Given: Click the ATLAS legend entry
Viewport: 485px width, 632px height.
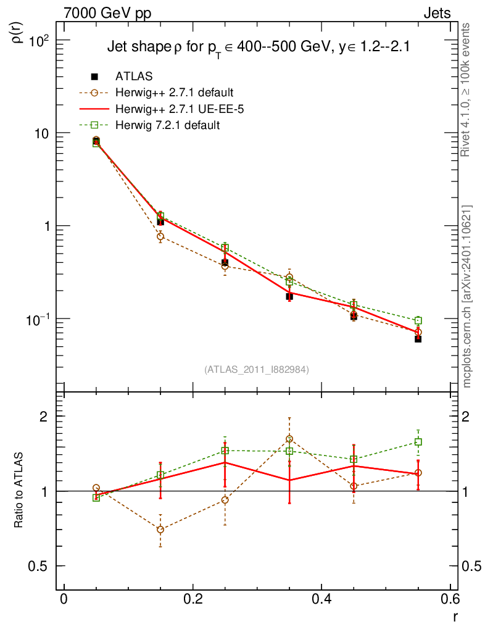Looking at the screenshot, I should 134,77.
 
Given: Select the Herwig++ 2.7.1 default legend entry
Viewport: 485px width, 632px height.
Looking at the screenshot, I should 174,93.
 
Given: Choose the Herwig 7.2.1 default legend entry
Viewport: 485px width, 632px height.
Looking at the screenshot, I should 167,125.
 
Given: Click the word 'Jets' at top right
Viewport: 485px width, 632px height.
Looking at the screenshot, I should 436,14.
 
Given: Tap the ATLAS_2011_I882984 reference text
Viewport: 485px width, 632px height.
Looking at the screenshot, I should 257,369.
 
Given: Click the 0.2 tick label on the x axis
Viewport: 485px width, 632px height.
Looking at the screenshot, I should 193,600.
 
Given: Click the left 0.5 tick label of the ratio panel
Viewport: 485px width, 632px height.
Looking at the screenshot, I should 38,567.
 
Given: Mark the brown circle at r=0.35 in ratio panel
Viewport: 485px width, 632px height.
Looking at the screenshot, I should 289,439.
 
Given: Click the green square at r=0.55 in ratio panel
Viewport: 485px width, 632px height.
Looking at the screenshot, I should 418,442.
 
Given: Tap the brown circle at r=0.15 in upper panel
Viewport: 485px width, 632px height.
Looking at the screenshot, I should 160,236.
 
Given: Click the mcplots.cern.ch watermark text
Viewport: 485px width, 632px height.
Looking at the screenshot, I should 467,296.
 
